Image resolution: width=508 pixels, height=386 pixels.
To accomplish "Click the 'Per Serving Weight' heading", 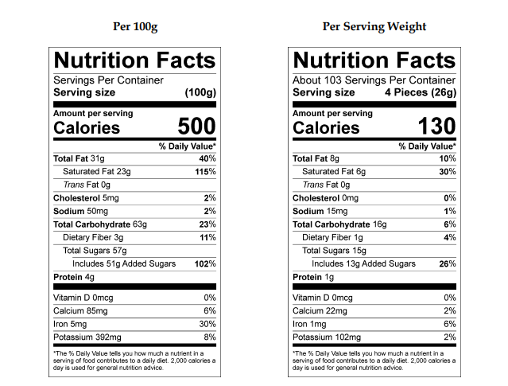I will (x=374, y=26).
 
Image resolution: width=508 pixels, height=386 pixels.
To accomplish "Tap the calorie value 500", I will (x=196, y=127).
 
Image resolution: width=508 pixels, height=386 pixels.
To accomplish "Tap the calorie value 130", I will (x=436, y=127).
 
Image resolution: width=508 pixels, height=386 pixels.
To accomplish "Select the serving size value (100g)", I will (x=200, y=92).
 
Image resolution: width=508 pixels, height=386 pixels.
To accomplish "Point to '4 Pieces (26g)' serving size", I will (x=420, y=92).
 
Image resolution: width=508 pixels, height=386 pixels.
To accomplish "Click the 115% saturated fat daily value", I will (x=205, y=171).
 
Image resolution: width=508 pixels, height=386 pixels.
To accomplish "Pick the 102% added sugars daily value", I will (x=205, y=263).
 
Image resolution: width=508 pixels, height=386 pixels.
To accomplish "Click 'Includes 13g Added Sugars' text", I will (x=363, y=263).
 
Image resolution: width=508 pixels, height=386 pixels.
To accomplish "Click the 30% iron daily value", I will (x=207, y=324).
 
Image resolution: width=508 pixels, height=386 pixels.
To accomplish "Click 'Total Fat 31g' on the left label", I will (x=79, y=158).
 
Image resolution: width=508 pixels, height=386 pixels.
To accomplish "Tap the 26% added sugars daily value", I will (x=448, y=263).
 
